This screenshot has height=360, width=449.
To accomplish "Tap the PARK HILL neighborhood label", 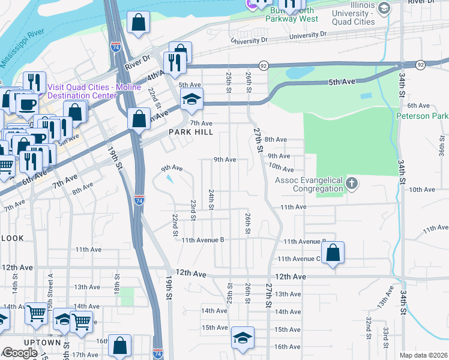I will click(x=188, y=132).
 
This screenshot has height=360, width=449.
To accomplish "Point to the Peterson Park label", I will click(x=422, y=115).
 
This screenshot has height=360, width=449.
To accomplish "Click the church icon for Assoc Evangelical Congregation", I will click(x=352, y=184).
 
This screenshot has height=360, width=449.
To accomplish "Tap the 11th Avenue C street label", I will click(x=298, y=259).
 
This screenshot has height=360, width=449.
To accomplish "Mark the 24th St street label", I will click(x=211, y=199).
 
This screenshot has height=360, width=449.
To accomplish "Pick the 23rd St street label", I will click(x=193, y=209).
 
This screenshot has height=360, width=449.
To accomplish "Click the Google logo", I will click(x=20, y=353).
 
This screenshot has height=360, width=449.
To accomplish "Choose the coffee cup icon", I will click(x=26, y=104).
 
